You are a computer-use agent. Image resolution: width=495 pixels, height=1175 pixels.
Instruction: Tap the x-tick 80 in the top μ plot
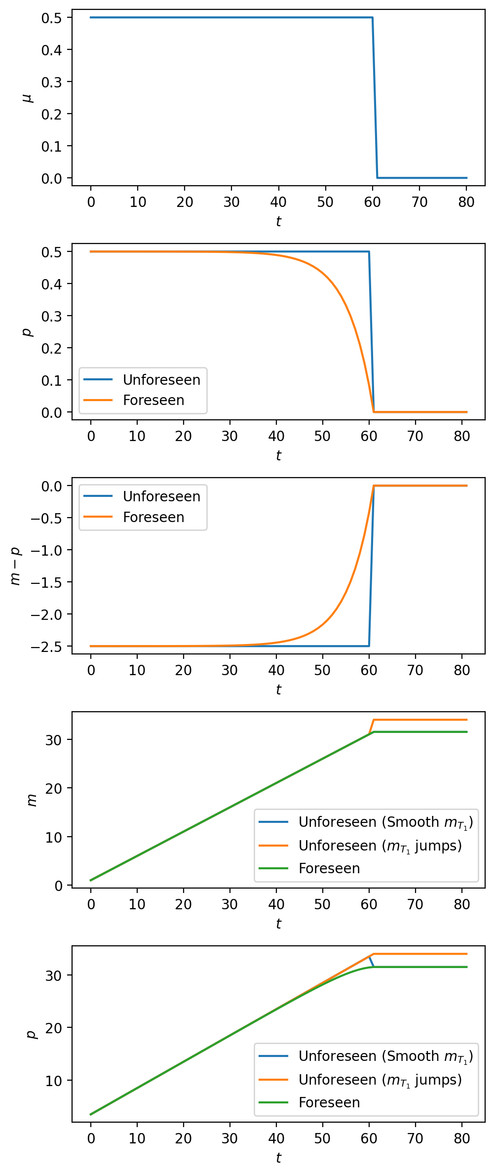[466, 202]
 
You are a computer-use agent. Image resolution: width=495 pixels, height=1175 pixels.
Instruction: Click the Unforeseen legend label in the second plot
[161, 380]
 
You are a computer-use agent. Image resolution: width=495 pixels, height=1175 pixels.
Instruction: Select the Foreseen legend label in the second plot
[153, 400]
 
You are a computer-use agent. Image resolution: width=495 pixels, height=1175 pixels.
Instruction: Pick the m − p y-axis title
[16, 566]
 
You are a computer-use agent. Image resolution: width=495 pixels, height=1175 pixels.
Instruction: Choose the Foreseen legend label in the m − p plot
[153, 517]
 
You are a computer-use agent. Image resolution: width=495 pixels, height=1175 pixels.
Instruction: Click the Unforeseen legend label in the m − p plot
[161, 496]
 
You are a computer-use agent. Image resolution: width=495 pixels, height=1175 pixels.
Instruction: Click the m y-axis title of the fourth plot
[32, 800]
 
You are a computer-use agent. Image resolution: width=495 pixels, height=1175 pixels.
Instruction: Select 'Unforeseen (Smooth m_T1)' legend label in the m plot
[385, 822]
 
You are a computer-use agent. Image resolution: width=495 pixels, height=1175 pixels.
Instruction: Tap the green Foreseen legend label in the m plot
[329, 868]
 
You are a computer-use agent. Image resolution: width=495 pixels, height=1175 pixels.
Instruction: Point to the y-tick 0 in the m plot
[59, 886]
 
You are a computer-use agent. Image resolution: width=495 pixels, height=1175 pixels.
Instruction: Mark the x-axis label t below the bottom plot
[278, 1158]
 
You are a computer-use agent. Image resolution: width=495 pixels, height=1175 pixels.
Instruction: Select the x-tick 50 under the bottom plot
[322, 1139]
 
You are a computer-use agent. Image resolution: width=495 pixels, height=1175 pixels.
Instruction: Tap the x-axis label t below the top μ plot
[278, 221]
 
